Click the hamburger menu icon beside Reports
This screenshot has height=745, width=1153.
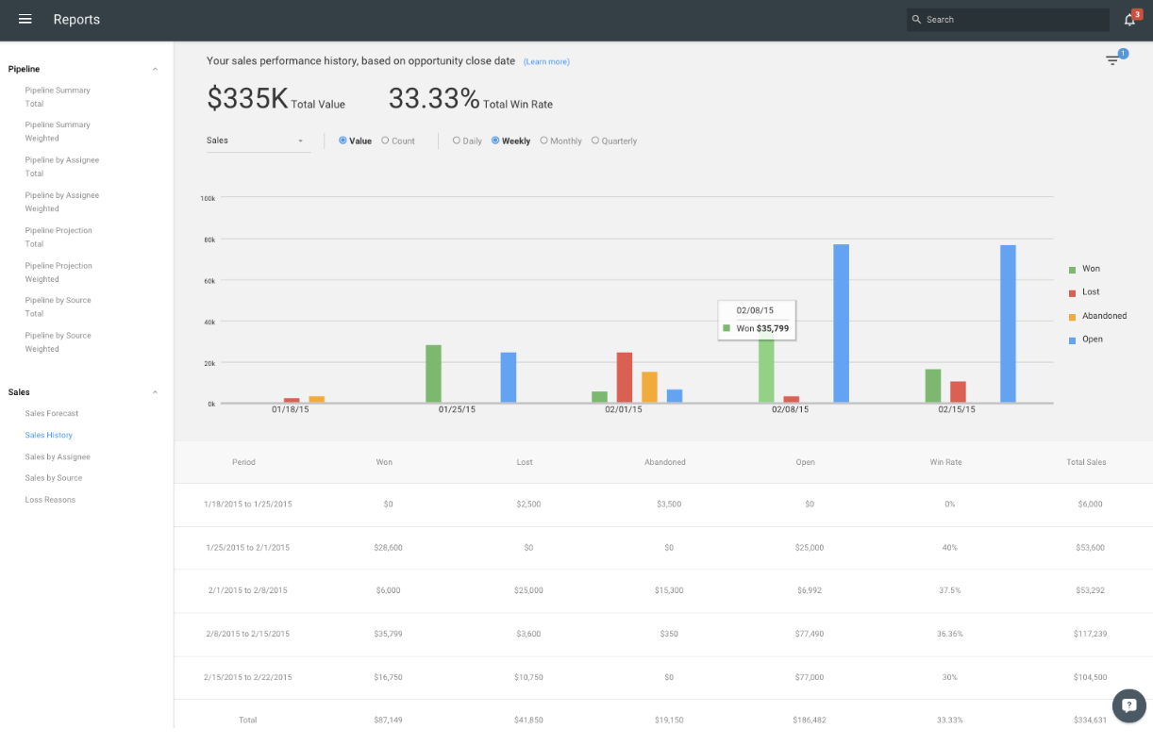tap(25, 20)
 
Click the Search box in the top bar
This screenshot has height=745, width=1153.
tap(1007, 20)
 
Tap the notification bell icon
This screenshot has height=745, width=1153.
tap(1129, 20)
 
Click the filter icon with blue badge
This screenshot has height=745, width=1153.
tap(1113, 60)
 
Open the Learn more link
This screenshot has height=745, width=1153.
tap(546, 62)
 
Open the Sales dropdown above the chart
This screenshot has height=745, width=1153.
tap(258, 141)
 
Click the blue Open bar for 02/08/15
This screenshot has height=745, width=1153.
tap(841, 323)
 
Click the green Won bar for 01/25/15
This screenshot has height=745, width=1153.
tap(433, 374)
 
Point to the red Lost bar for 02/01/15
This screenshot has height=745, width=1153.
tap(625, 377)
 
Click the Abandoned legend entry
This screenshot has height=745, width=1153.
tap(1103, 316)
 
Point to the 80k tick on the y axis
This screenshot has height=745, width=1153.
tap(208, 240)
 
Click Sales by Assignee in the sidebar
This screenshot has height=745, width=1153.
tap(58, 456)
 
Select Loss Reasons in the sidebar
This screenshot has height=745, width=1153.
tap(50, 500)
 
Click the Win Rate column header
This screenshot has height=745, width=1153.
tap(945, 462)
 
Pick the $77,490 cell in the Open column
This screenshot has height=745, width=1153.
tap(809, 634)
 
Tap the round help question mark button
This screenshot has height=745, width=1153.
tap(1128, 705)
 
